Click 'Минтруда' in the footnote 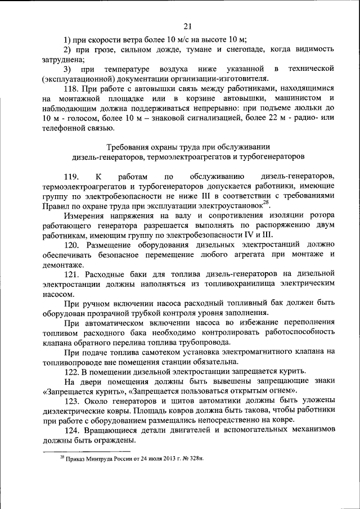point(96,458)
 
